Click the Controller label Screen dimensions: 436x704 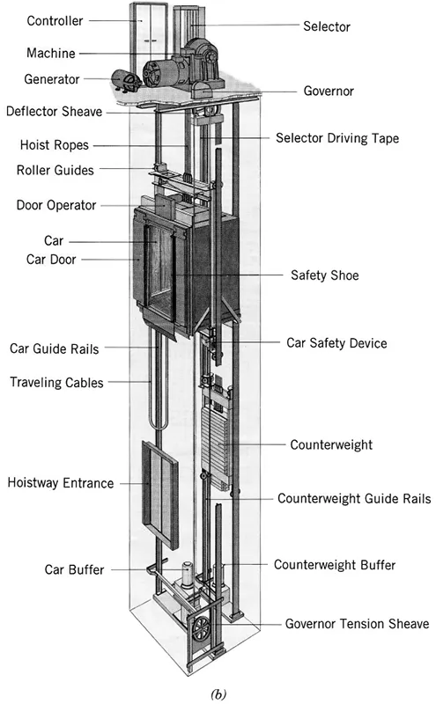click(55, 20)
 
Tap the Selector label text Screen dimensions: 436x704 click(327, 26)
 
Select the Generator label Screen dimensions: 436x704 click(52, 79)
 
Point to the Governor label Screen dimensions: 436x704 click(329, 92)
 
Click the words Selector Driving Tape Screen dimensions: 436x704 click(337, 138)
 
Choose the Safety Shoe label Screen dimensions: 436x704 click(324, 275)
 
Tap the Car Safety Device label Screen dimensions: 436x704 click(336, 343)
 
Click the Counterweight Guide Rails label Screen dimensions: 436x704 click(354, 499)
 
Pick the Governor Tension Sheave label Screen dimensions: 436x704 click(357, 624)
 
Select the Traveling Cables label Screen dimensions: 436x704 click(56, 383)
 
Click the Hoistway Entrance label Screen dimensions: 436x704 click(61, 483)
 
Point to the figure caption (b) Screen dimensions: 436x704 click(218, 693)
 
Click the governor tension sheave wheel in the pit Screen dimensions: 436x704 click(202, 629)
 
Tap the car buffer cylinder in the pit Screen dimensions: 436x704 click(188, 575)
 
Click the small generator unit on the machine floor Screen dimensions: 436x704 click(125, 81)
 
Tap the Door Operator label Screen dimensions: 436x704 click(56, 206)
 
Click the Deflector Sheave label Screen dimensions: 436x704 click(54, 112)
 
